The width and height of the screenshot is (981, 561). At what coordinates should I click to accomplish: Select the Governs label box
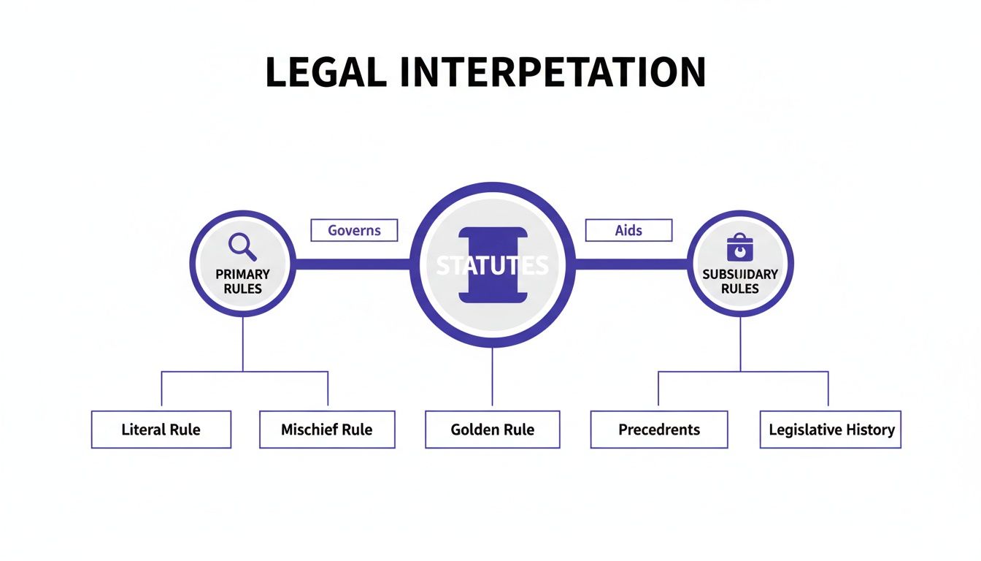(x=354, y=230)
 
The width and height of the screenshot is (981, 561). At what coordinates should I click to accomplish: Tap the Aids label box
(x=628, y=230)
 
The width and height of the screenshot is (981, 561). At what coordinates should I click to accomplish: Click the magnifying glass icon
(x=242, y=247)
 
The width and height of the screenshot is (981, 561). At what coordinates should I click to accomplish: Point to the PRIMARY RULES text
(x=242, y=281)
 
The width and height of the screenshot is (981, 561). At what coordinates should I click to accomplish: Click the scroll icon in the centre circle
(x=492, y=265)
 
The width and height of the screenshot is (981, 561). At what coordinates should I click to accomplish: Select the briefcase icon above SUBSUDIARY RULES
(x=739, y=248)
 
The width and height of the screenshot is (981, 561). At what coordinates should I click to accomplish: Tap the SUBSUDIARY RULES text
(x=739, y=281)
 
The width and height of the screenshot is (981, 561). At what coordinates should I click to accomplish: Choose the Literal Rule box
(x=161, y=430)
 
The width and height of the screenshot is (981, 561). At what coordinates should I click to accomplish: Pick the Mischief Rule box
(x=326, y=430)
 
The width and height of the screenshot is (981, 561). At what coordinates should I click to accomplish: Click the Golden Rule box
(x=492, y=430)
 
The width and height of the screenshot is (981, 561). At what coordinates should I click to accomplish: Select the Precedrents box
(x=658, y=430)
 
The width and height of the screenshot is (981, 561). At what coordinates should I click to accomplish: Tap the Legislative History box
(x=831, y=430)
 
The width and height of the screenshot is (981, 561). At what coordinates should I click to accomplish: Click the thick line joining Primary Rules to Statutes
(x=352, y=264)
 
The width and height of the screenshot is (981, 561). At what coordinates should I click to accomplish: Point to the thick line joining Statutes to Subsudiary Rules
(x=631, y=264)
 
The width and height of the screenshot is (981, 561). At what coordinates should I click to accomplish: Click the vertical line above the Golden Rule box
(x=492, y=376)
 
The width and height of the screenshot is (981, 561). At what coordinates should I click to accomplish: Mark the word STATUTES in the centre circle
(x=492, y=265)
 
